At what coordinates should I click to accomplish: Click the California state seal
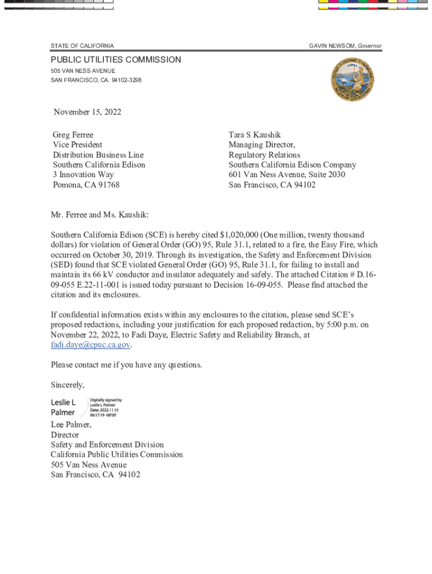tap(352, 80)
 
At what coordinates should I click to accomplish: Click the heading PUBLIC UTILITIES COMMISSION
tap(116, 59)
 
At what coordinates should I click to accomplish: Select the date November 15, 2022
tap(88, 112)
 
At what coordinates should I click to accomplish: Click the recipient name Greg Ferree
tap(73, 135)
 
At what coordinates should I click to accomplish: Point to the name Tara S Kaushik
tap(255, 135)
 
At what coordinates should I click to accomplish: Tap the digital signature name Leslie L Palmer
tap(63, 408)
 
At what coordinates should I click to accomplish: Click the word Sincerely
tap(67, 385)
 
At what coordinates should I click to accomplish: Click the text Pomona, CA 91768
tap(86, 185)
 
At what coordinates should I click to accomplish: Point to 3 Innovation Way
tap(83, 175)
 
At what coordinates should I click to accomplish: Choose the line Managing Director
tap(262, 145)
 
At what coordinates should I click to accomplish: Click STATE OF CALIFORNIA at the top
tap(82, 45)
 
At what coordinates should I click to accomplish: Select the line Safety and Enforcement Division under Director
tap(107, 445)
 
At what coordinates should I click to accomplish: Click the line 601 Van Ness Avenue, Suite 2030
tap(287, 175)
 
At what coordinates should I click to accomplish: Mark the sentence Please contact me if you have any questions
tap(126, 365)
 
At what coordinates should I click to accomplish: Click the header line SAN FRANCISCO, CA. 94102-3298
tap(96, 80)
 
